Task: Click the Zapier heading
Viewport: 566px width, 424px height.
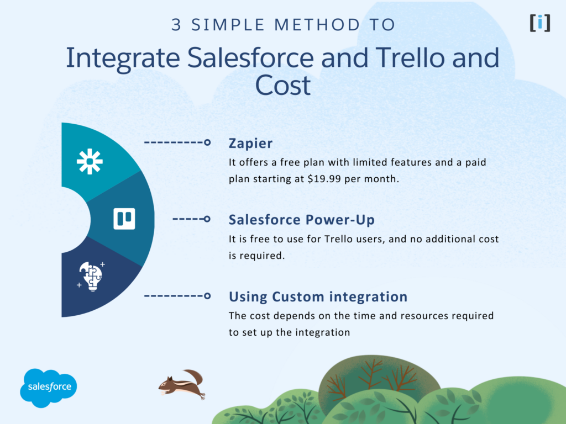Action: pos(250,144)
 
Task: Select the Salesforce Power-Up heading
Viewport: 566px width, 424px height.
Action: pos(301,220)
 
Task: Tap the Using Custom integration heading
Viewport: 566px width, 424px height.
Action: pos(318,297)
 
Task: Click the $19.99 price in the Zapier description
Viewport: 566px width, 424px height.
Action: pos(326,179)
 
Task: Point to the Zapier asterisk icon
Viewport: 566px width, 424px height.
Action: pos(90,161)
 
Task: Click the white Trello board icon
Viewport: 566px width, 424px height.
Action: pos(124,219)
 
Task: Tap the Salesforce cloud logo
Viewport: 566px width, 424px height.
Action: pos(49,387)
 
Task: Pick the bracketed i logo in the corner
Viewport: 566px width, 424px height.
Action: pos(539,23)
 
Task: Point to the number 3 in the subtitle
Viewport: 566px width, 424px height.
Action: pos(176,25)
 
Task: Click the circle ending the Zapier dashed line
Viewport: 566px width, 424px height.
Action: pos(207,143)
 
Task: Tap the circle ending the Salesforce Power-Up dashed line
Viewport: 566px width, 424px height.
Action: pos(207,219)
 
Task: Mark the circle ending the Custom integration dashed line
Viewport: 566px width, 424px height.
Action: pos(207,296)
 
